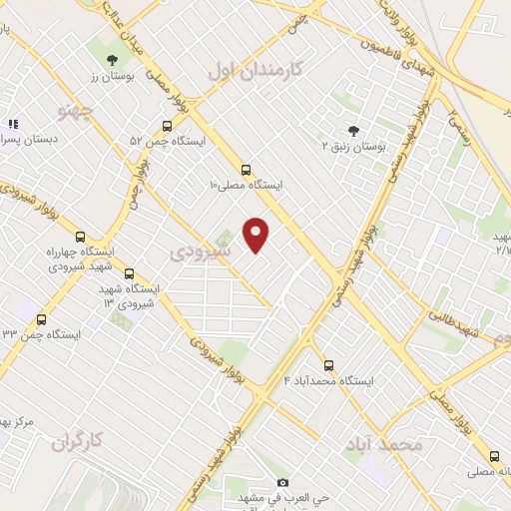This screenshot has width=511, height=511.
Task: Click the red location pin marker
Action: click(256, 235)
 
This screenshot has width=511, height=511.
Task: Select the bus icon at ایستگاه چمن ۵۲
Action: click(166, 126)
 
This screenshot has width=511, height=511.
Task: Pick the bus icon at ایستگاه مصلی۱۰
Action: click(246, 169)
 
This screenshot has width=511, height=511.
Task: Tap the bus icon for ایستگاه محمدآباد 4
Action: click(328, 364)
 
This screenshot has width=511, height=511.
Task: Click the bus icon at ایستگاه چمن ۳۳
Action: click(41, 319)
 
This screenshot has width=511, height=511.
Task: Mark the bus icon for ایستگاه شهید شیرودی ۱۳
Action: click(129, 272)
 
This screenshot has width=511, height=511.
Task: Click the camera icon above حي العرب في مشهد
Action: click(282, 482)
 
